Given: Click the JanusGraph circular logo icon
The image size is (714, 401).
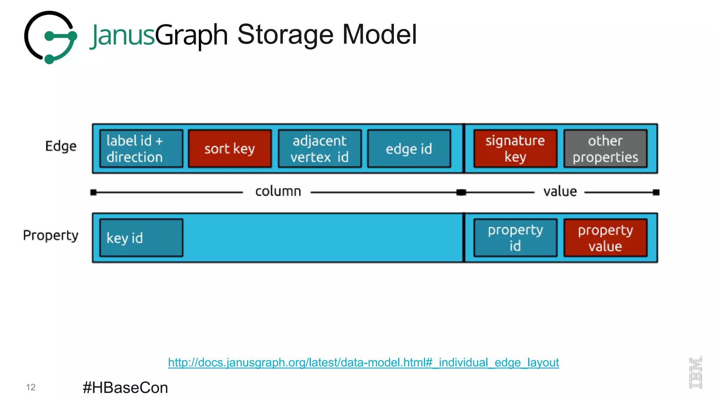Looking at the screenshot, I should [51, 37].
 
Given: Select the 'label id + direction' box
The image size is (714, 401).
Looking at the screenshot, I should [141, 149].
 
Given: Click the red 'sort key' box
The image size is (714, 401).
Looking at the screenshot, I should [230, 149].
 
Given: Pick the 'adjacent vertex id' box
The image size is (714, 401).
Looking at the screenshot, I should [320, 149].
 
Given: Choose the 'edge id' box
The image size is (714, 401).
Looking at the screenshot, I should [409, 149].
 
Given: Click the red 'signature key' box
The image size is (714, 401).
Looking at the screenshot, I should [515, 149].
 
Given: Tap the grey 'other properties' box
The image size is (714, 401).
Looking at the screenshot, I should [605, 149].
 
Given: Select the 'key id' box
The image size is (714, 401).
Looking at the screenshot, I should [141, 238].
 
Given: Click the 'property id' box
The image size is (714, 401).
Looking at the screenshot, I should [515, 238].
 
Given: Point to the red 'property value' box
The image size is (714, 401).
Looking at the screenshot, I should [605, 238].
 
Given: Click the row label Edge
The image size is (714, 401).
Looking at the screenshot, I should [61, 146].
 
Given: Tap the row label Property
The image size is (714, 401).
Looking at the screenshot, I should [51, 236].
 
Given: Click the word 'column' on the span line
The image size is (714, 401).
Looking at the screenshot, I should [278, 191].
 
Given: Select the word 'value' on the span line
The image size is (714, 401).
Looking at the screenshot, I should [560, 191].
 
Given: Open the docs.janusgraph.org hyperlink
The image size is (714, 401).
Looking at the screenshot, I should [363, 362].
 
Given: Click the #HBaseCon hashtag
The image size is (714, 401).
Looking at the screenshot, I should [125, 387].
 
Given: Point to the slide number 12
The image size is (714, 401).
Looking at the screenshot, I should [31, 387].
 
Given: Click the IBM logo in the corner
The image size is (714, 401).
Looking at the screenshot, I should [696, 372].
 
